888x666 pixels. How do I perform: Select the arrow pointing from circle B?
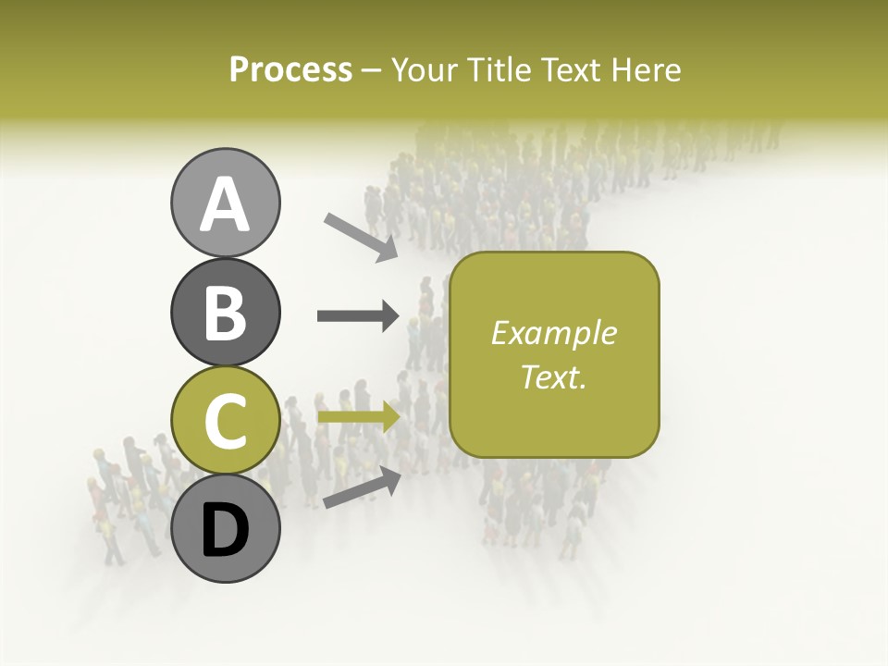click(x=358, y=316)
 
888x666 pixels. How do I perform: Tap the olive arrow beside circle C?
click(x=358, y=416)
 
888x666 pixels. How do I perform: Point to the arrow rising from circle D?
click(x=362, y=488)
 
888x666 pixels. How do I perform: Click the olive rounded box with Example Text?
click(x=554, y=354)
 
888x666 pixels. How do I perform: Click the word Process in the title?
click(x=290, y=69)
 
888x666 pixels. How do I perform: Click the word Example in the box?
click(x=553, y=333)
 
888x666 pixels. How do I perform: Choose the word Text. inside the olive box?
click(x=553, y=376)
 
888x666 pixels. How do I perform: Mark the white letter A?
click(x=225, y=203)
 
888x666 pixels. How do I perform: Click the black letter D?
click(x=225, y=530)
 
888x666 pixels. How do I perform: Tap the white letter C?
click(x=225, y=422)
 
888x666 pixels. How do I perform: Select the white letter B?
click(x=225, y=313)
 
